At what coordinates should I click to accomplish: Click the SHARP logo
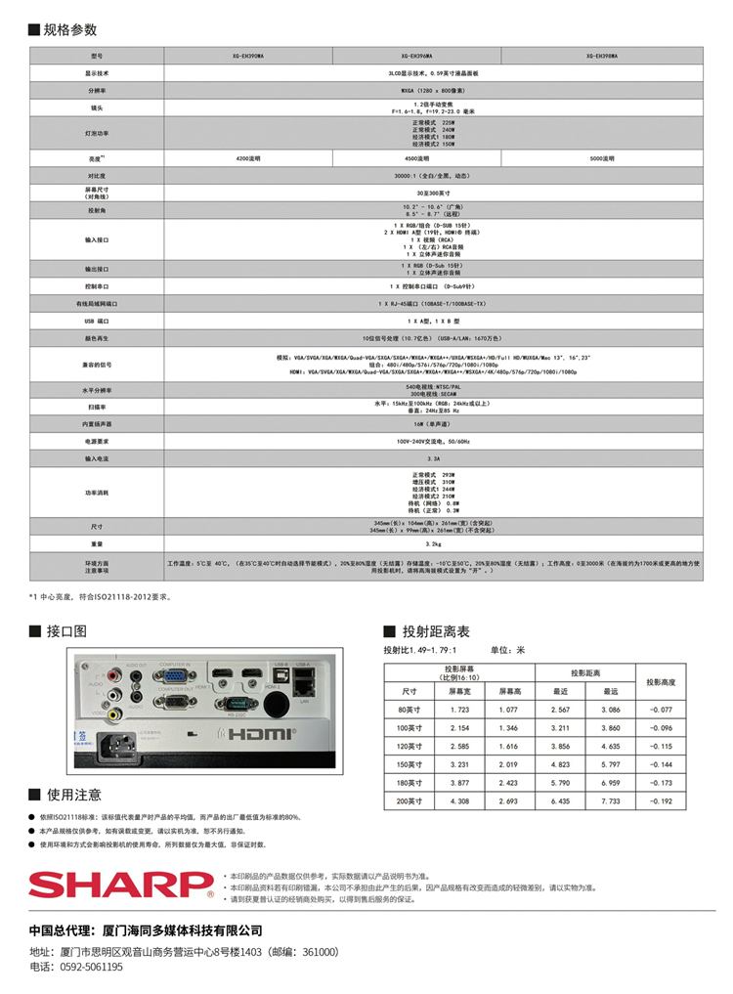120,886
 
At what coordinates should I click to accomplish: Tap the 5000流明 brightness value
601,157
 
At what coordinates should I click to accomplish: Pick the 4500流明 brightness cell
418,157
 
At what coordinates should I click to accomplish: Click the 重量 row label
97,543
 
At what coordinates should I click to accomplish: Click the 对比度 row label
97,176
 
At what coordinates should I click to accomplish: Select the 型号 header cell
97,56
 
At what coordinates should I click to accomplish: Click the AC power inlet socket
118,745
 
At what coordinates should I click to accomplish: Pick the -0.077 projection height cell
668,710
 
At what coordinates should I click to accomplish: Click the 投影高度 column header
668,680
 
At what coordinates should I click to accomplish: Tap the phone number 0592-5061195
91,967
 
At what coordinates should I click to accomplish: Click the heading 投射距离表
436,631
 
